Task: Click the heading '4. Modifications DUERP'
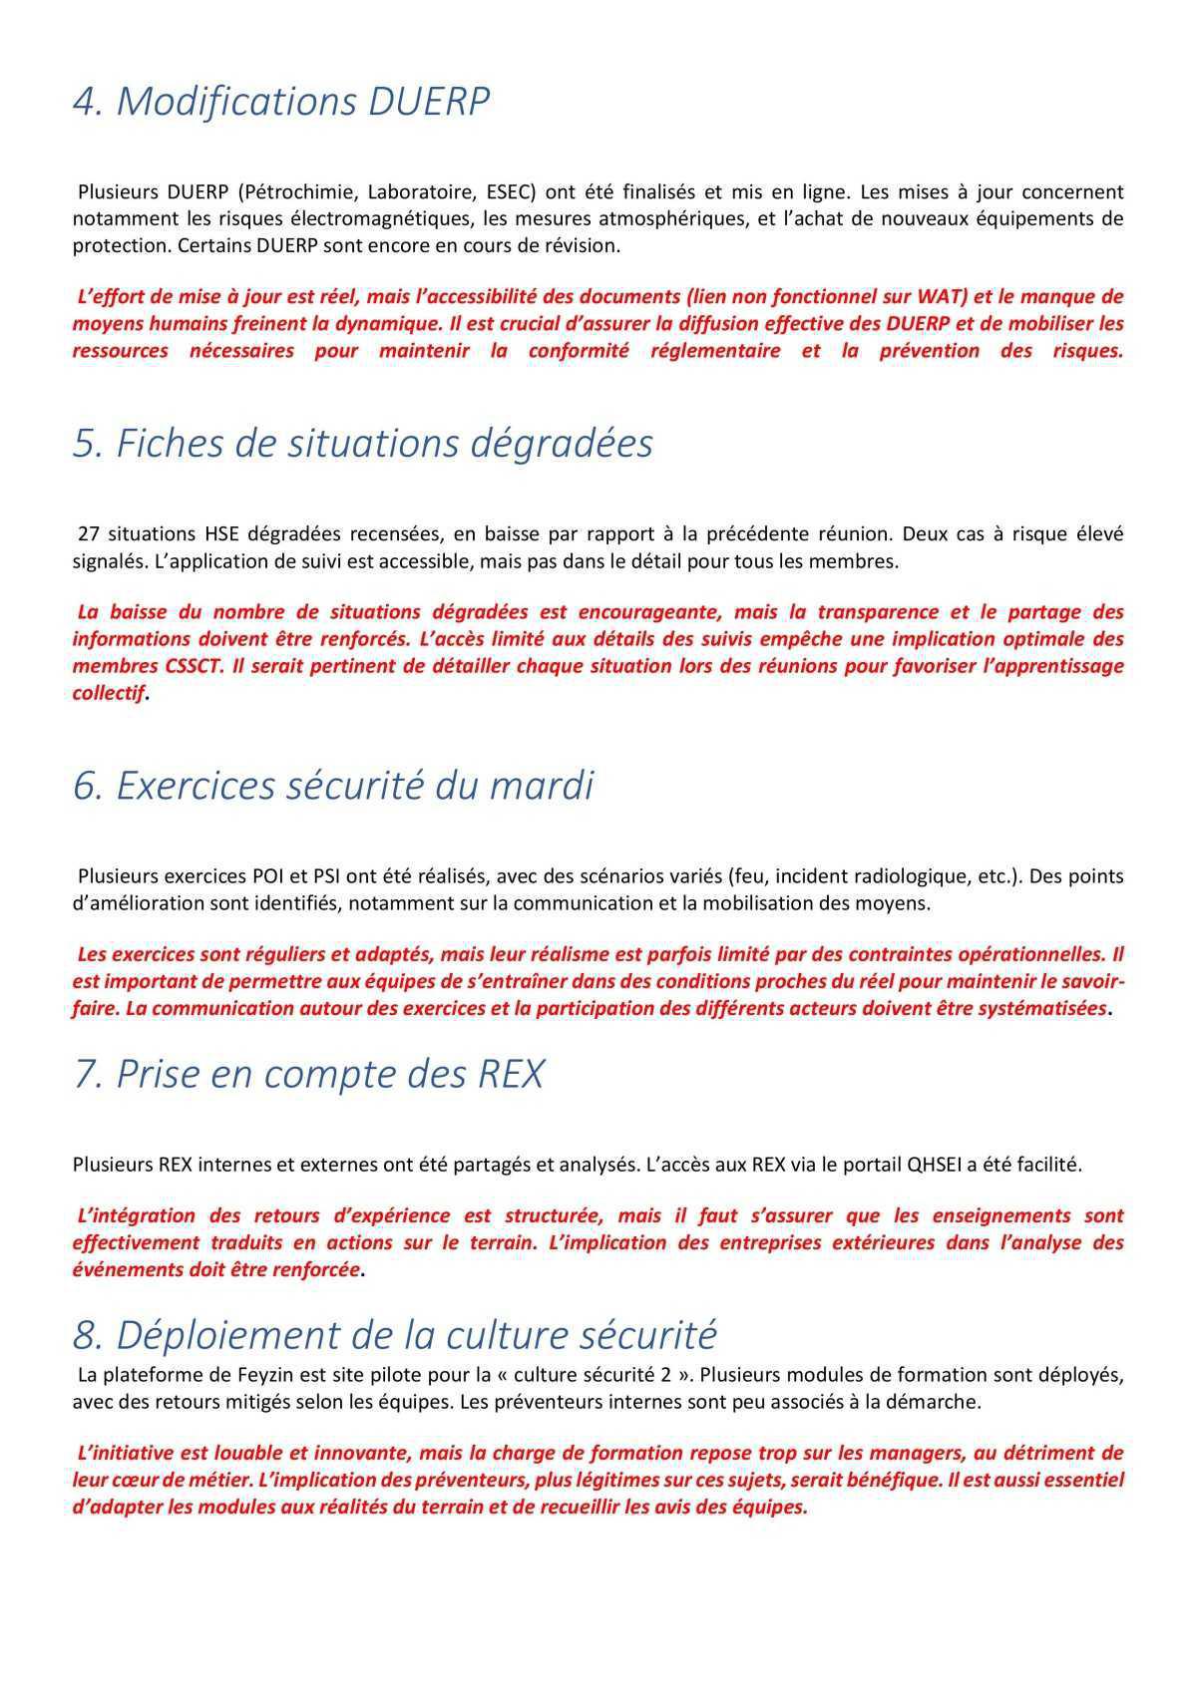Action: coord(281,103)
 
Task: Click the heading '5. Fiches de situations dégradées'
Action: coord(362,444)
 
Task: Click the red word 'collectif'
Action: coord(108,693)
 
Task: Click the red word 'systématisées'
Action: coord(1042,1008)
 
